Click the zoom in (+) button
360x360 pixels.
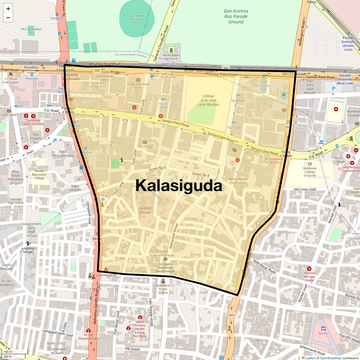tap(8, 9)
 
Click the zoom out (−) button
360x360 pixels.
tap(8, 18)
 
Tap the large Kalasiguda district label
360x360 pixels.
tap(178, 185)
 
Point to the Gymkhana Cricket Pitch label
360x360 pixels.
tap(137, 19)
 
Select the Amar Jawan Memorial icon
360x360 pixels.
tap(171, 50)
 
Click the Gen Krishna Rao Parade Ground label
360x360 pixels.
tap(236, 16)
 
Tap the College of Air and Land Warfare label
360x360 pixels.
tap(208, 100)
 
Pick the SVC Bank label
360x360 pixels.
tap(145, 146)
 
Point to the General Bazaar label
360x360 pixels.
tap(145, 210)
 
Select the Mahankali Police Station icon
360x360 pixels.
tap(163, 281)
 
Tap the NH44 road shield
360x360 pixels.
tap(97, 239)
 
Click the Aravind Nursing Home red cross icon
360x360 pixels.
tap(309, 269)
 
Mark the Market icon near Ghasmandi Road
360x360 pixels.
tap(323, 328)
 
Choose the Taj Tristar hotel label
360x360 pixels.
tap(234, 127)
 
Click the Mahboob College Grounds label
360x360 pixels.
tap(310, 172)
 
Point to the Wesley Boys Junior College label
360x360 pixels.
tap(39, 175)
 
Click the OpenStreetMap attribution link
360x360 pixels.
tap(330, 358)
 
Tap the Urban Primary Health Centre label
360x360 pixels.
tap(140, 329)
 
